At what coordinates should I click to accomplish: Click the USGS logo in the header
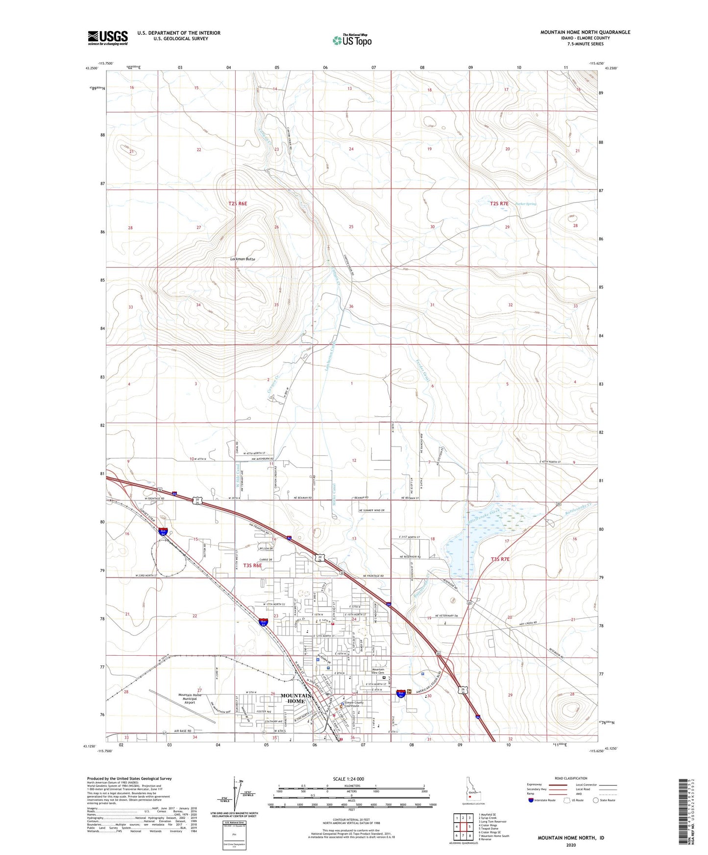click(108, 37)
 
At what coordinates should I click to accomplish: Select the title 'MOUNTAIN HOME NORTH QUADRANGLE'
click(585, 32)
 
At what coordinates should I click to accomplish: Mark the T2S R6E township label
click(238, 203)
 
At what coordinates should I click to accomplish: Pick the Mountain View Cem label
click(378, 671)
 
